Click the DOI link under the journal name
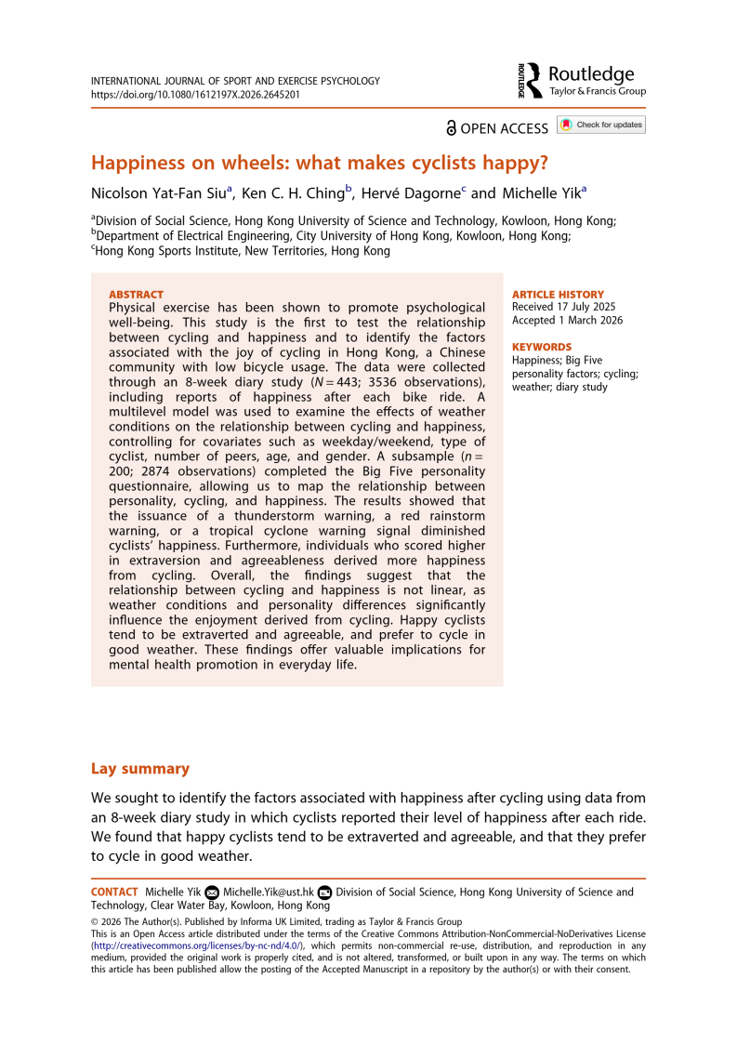195,95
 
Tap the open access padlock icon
452,127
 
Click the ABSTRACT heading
136,295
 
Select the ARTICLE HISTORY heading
558,295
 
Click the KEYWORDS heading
542,347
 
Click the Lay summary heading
139,769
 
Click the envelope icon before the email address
212,892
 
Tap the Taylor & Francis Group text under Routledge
598,92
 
